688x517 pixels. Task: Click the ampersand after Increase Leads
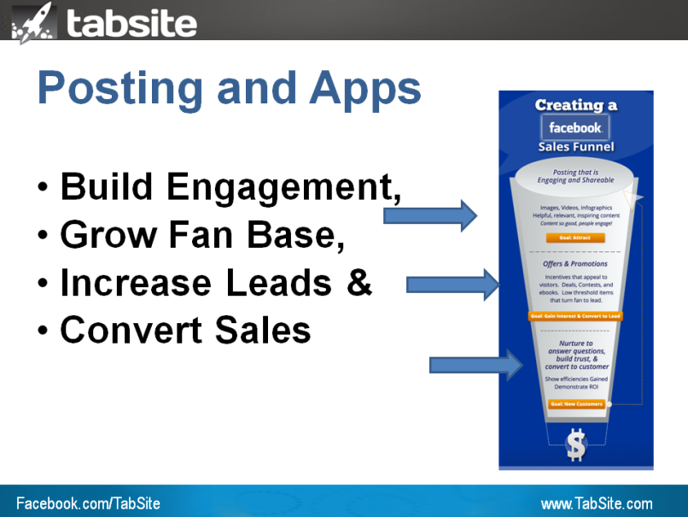[x=359, y=283]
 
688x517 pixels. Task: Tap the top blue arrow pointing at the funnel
[x=429, y=215]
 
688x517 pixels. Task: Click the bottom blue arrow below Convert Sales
[x=474, y=365]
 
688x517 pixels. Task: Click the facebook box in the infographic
[x=575, y=127]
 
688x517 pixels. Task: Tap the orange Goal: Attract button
[x=575, y=238]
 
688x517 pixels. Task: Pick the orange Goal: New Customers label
[x=575, y=403]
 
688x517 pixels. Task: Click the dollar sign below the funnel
[x=576, y=445]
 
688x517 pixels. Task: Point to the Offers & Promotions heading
[x=575, y=264]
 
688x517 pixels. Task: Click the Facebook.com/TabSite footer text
[x=88, y=503]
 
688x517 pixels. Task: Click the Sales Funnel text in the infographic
[x=575, y=147]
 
